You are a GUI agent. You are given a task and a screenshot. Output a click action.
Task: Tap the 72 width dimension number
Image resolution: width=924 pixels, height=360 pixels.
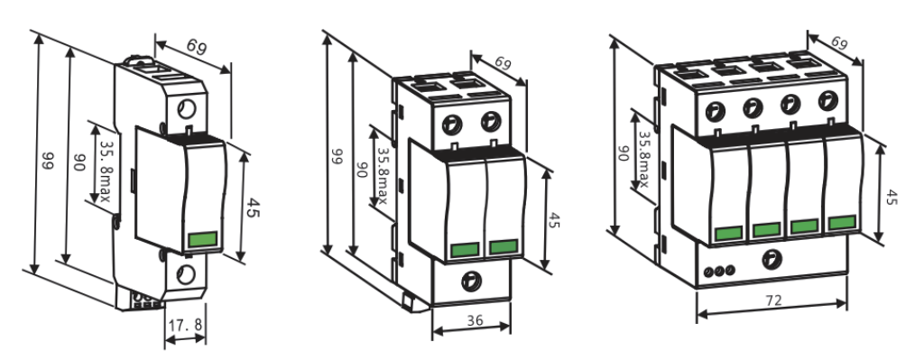coord(772,300)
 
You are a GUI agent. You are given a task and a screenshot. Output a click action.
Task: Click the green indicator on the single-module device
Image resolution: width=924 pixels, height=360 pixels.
coord(203,240)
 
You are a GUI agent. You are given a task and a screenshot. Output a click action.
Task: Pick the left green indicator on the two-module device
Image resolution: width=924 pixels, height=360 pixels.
coord(465,249)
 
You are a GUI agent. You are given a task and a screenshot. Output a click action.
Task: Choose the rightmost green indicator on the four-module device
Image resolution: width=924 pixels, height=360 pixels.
coord(842,223)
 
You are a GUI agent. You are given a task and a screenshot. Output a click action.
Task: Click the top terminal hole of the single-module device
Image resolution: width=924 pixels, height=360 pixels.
coord(187,109)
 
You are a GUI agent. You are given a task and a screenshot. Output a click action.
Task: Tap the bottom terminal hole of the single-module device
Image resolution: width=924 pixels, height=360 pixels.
coord(186,274)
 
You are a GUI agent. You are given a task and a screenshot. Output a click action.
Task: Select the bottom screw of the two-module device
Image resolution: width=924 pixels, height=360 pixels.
coord(471,281)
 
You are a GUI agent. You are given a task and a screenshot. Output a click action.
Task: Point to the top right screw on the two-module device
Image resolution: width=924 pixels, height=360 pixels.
coord(491,122)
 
